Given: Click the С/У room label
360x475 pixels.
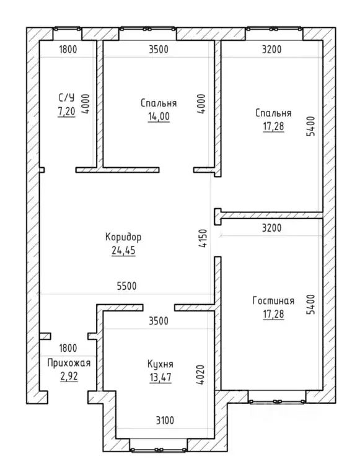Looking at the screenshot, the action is pyautogui.click(x=66, y=98).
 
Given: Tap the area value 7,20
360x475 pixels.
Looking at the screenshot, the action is pyautogui.click(x=66, y=111).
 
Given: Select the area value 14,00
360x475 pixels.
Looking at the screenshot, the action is pyautogui.click(x=159, y=116).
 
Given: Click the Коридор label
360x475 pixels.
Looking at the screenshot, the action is pyautogui.click(x=123, y=237).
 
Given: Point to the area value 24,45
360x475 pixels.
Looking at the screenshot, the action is pyautogui.click(x=123, y=251).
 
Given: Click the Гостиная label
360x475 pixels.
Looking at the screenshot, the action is pyautogui.click(x=273, y=300).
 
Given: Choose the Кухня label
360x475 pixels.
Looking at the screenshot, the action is pyautogui.click(x=160, y=364).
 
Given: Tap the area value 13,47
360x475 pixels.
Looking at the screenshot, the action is pyautogui.click(x=160, y=377).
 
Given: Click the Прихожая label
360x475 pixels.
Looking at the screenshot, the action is pyautogui.click(x=69, y=363).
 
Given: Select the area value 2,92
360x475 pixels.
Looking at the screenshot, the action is pyautogui.click(x=69, y=377).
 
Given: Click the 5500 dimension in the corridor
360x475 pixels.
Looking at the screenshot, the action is pyautogui.click(x=126, y=285).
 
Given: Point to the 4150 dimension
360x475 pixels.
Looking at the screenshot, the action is pyautogui.click(x=203, y=238).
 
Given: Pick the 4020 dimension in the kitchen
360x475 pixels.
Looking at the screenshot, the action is pyautogui.click(x=200, y=375).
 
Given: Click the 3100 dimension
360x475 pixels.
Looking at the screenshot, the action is pyautogui.click(x=165, y=421).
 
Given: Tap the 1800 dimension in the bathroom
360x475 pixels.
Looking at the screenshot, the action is pyautogui.click(x=68, y=49).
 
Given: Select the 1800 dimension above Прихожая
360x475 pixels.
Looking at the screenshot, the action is pyautogui.click(x=68, y=348).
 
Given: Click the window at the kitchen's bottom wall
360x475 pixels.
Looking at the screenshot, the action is pyautogui.click(x=158, y=450).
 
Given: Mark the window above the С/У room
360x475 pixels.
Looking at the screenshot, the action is pyautogui.click(x=67, y=29).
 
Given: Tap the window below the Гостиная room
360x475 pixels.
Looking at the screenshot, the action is pyautogui.click(x=277, y=402).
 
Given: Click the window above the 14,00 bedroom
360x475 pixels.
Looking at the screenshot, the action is pyautogui.click(x=147, y=29).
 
